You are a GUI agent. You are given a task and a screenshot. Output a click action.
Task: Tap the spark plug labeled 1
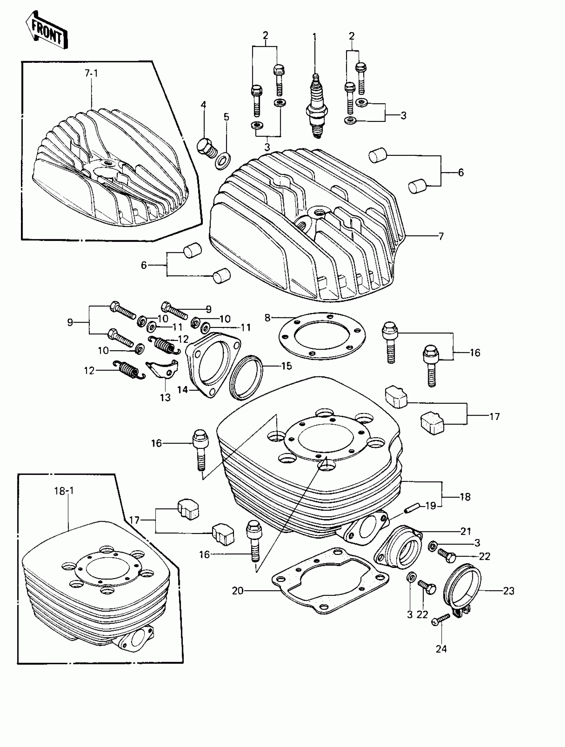[316, 108]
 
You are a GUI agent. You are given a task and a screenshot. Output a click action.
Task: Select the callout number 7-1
[91, 73]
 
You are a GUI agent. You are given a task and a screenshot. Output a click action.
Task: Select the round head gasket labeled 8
[322, 336]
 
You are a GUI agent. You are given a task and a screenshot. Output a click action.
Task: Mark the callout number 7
[441, 236]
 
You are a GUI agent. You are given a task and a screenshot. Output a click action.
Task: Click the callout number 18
[465, 497]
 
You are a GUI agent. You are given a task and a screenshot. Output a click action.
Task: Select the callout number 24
[441, 649]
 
